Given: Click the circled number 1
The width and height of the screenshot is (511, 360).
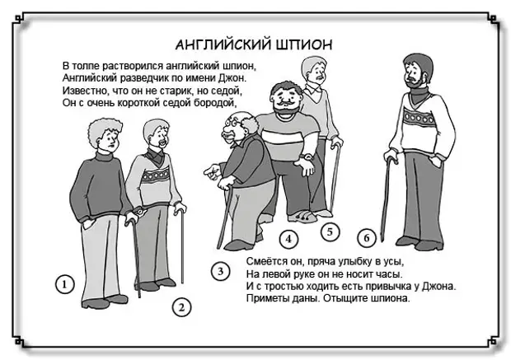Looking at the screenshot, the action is [x=64, y=284].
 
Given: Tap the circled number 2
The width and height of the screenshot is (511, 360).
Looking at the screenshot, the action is [x=181, y=307].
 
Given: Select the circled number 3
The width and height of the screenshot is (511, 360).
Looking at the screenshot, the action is [x=220, y=271].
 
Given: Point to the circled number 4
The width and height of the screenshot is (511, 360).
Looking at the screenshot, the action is [x=288, y=239].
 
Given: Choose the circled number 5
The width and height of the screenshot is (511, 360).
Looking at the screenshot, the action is [x=330, y=232].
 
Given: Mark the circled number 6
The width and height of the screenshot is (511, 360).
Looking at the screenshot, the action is [x=366, y=237].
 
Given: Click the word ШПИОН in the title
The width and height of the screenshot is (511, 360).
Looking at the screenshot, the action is [x=304, y=44].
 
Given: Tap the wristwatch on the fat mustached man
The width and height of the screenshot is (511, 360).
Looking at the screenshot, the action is [x=307, y=157].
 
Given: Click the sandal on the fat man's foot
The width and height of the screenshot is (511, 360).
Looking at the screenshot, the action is [x=302, y=217].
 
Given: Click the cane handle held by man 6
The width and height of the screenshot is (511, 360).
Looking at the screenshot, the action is [x=391, y=159].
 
